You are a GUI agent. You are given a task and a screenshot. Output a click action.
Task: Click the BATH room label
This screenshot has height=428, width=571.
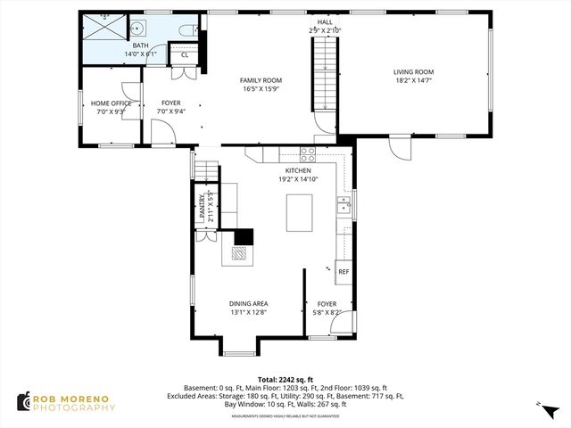click(141, 45)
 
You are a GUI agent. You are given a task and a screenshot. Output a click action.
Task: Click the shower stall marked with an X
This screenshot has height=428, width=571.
click(104, 28)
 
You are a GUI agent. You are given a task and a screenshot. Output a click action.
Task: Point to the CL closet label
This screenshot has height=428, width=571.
click(185, 55)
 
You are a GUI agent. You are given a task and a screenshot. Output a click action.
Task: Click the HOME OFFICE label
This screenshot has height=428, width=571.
click(112, 103)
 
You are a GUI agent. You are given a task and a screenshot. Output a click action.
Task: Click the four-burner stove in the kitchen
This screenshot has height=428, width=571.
click(308, 152)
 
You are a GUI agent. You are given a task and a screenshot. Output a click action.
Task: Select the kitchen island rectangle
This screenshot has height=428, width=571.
click(300, 212)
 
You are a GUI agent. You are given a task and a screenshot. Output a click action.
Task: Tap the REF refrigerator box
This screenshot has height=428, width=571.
click(343, 271)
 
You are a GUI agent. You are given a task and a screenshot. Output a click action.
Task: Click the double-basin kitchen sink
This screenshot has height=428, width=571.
click(342, 209)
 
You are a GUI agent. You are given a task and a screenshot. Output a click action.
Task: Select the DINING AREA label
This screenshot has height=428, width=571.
click(249, 303)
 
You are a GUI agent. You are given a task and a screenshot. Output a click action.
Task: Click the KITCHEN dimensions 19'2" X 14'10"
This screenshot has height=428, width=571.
click(298, 178)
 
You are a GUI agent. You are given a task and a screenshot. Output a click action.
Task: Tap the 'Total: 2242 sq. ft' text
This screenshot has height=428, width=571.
click(285, 379)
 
